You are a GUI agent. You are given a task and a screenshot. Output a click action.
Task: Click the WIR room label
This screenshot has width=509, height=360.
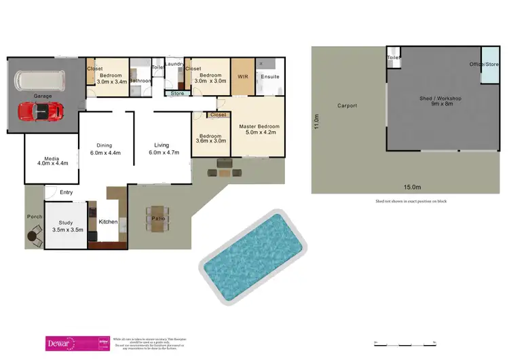pos(242,77)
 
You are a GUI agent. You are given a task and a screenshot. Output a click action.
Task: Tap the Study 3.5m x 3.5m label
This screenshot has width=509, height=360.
pos(67,226)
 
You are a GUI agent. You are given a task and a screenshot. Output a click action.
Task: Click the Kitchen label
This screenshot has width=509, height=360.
pos(109,222)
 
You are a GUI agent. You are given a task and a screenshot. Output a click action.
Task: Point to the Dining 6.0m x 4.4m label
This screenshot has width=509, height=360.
pos(104,149)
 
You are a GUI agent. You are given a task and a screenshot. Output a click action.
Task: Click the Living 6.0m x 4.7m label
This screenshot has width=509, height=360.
pos(164,149)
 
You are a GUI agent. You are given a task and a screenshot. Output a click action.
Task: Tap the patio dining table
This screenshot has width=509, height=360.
pos(158,219)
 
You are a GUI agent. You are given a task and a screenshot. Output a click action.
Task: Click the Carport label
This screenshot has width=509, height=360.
pos(347,106)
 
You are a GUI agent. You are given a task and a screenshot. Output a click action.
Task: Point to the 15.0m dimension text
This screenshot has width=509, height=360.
pos(412,187)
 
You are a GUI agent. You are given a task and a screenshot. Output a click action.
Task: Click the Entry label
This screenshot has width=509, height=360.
pos(66,192)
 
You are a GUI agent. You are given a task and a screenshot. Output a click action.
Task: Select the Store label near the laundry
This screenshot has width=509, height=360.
pos(177,93)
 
